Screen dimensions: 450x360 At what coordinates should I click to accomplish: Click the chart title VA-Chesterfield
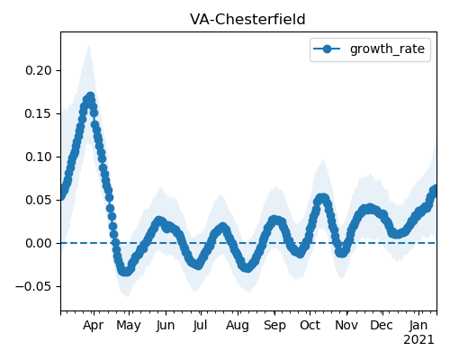pyautogui.click(x=247, y=20)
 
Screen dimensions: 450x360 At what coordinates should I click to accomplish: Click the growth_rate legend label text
pyautogui.click(x=387, y=49)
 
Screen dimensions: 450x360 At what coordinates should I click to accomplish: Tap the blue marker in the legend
pyautogui.click(x=327, y=49)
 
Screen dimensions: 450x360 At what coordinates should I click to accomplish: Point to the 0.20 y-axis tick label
pyautogui.click(x=39, y=70)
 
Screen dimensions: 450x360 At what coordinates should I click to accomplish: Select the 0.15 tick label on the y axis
pyautogui.click(x=39, y=113)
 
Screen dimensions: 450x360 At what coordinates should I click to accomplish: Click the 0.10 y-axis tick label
pyautogui.click(x=39, y=157)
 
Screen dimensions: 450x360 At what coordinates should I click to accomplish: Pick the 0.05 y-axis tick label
pyautogui.click(x=39, y=200)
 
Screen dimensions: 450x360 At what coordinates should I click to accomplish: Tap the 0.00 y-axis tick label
pyautogui.click(x=39, y=243)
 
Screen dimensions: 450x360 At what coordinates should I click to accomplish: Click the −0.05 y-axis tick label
pyautogui.click(x=34, y=286)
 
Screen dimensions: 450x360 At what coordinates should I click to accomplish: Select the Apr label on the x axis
pyautogui.click(x=94, y=326)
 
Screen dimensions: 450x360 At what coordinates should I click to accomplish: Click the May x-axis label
pyautogui.click(x=129, y=326)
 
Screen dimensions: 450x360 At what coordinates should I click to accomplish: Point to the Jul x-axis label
pyautogui.click(x=200, y=326)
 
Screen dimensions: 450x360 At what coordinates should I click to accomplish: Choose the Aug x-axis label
pyautogui.click(x=238, y=326)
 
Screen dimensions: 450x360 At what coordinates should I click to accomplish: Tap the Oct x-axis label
pyautogui.click(x=310, y=326)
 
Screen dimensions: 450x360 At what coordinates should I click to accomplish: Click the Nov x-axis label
pyautogui.click(x=346, y=326)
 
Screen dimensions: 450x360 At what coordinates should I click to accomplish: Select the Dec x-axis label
pyautogui.click(x=382, y=326)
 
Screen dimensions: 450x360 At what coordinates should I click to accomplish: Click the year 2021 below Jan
pyautogui.click(x=418, y=340)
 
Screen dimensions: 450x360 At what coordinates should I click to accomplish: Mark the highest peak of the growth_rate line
pyautogui.click(x=90, y=96)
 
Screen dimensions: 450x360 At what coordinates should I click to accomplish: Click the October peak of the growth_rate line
pyautogui.click(x=321, y=198)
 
